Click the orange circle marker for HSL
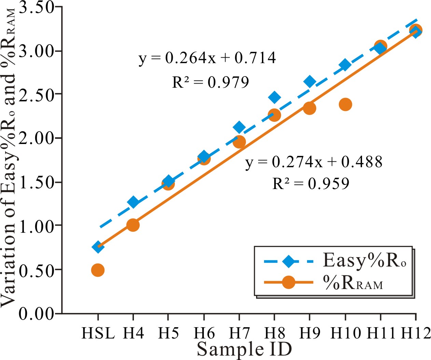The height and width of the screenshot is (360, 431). pos(98,270)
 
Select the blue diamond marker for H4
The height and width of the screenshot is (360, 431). pos(133,202)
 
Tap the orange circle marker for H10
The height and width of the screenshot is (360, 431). pos(345,104)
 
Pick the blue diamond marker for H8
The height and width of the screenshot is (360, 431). pos(274,97)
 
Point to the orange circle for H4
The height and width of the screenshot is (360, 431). pos(133,225)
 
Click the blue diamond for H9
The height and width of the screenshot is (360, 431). pos(310,82)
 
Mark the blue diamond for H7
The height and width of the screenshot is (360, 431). pos(239,127)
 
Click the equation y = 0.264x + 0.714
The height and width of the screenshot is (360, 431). pos(207,58)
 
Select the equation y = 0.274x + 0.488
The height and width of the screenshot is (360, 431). pos(314,162)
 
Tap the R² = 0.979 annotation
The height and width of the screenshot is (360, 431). pos(210,82)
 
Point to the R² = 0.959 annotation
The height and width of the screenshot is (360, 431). pos(311,184)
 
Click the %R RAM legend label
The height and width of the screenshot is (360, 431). pos(353,283)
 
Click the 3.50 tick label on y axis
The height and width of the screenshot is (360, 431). pos(36,8)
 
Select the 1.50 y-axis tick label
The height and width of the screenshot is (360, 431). pos(36,183)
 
